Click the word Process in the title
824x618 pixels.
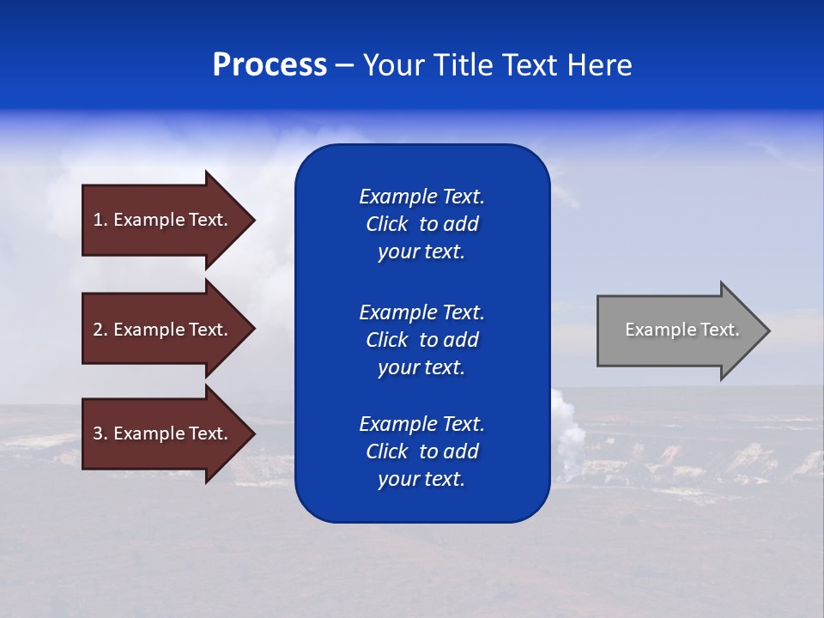click(x=270, y=65)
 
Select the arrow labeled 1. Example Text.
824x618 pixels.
click(x=163, y=220)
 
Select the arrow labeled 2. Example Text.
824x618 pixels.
click(x=163, y=330)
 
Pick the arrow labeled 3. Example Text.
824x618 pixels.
click(x=163, y=433)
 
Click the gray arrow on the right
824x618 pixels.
click(x=678, y=330)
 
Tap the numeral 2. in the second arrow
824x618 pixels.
click(x=100, y=330)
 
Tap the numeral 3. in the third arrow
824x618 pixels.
click(x=100, y=433)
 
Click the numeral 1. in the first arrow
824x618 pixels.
click(x=100, y=220)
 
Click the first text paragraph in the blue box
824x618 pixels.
click(x=421, y=224)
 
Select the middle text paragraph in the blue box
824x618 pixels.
click(x=421, y=340)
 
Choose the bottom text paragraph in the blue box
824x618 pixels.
click(x=421, y=451)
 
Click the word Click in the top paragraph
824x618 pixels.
click(x=387, y=224)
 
